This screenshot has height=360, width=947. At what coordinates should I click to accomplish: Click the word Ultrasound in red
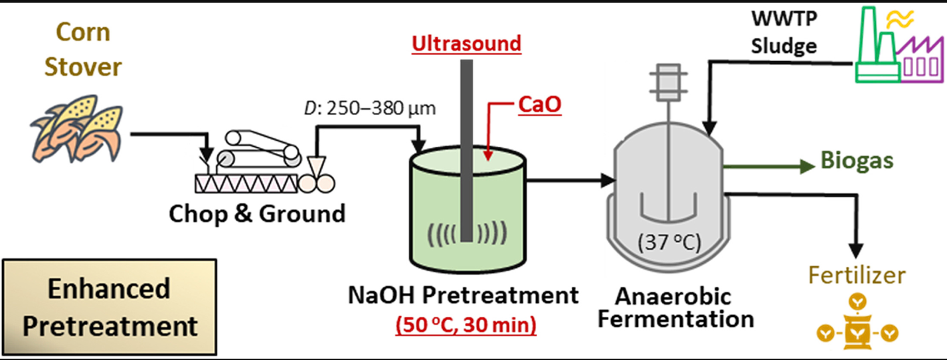pos(466,45)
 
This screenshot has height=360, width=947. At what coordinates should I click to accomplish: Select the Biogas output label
pos(856,161)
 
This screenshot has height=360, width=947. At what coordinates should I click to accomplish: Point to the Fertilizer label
pos(856,276)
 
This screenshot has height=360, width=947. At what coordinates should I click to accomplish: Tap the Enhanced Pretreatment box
pos(109,308)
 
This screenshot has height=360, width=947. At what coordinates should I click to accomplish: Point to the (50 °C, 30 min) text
pos(466,326)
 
